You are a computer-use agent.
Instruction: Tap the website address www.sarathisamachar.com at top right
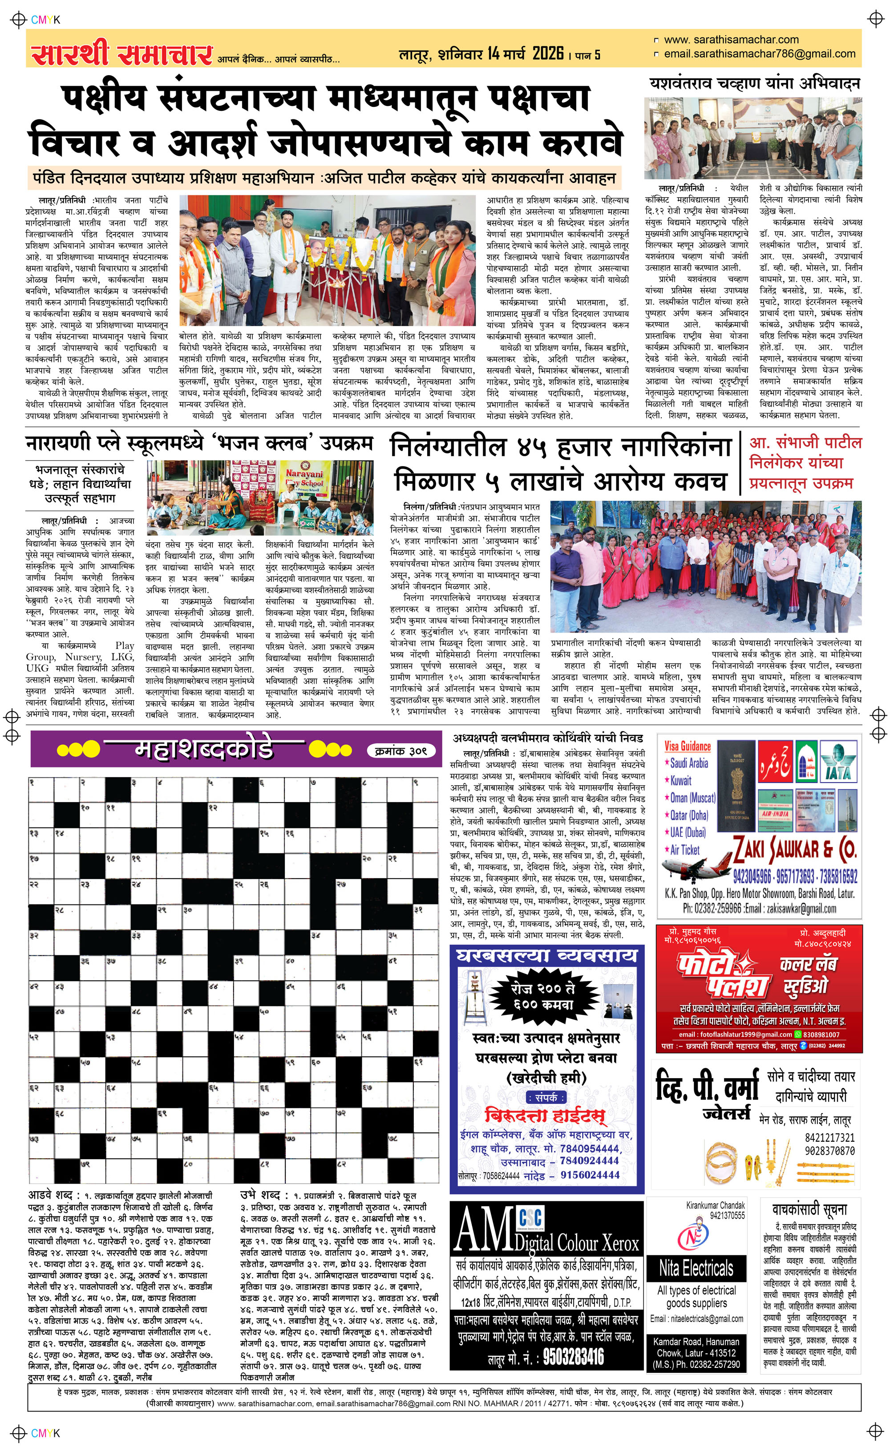tap(731, 40)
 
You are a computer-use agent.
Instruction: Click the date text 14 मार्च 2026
tap(525, 54)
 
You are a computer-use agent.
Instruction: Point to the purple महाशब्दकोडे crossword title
tap(204, 749)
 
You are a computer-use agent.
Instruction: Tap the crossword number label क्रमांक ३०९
tap(401, 750)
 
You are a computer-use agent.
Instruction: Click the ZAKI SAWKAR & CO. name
tap(795, 849)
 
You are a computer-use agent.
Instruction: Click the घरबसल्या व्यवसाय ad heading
tap(546, 955)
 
